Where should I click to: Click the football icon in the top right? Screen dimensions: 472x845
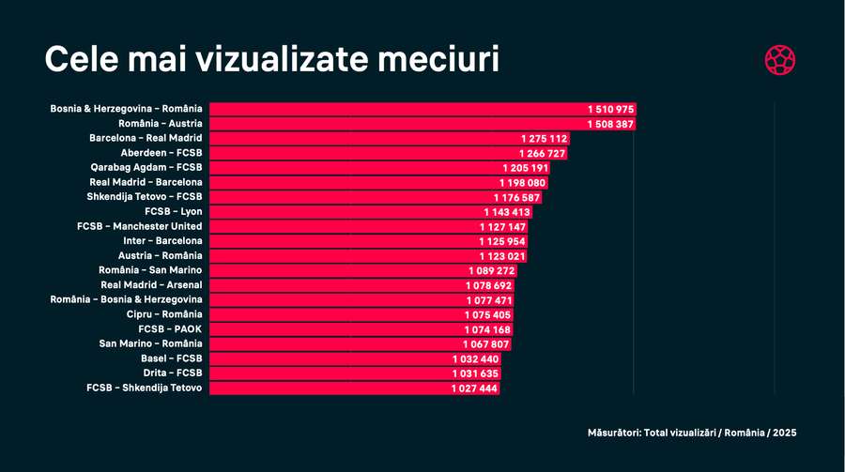click(780, 60)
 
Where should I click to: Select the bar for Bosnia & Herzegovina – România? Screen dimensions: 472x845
click(394, 109)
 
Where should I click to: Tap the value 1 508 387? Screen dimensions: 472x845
click(611, 124)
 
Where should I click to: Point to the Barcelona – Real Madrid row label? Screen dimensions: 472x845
click(146, 138)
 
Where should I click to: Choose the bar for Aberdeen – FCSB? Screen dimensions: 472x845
click(357, 153)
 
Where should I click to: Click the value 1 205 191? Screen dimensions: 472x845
click(525, 167)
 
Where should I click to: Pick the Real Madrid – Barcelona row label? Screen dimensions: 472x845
click(146, 182)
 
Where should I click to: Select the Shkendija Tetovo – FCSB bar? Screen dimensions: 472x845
click(347, 197)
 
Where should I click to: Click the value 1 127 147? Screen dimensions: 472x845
click(502, 226)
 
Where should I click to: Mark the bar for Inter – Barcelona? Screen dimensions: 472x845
click(338, 241)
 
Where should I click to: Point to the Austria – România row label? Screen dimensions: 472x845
click(160, 256)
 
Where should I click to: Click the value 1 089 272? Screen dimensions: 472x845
click(492, 270)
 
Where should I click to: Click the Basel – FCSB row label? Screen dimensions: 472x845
click(171, 358)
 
